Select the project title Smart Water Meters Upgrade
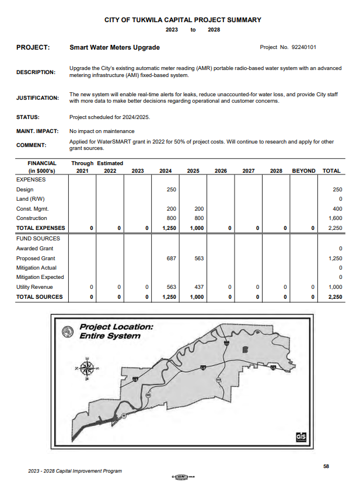[x=114, y=47]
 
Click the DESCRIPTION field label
[x=36, y=72]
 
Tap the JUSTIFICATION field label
[x=37, y=98]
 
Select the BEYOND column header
[x=303, y=171]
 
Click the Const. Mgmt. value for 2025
[x=199, y=209]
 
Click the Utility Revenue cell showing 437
[x=199, y=287]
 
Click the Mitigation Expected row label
[x=40, y=277]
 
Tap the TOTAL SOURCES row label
[x=39, y=297]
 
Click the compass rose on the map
[x=88, y=368]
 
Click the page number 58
[x=326, y=466]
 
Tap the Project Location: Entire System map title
[x=116, y=331]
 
